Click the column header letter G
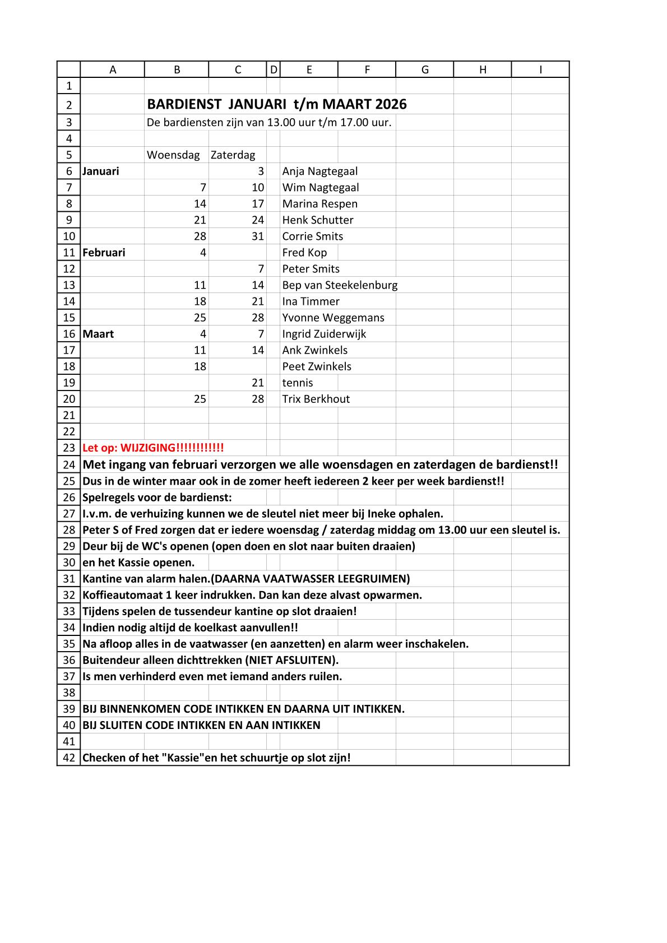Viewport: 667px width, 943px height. click(x=425, y=69)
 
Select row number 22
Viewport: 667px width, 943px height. click(x=69, y=431)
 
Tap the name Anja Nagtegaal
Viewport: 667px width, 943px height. click(x=319, y=171)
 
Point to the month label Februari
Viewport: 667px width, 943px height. click(x=104, y=253)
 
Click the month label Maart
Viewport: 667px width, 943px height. click(x=98, y=334)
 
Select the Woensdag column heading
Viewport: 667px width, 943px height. click(x=173, y=155)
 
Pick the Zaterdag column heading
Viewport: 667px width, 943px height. click(x=233, y=155)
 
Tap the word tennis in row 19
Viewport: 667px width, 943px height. click(x=298, y=383)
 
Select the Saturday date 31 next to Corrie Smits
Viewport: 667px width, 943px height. click(x=257, y=236)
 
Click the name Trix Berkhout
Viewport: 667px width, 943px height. click(x=316, y=400)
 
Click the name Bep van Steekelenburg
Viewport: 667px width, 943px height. click(x=340, y=285)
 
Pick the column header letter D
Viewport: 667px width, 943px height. click(x=274, y=69)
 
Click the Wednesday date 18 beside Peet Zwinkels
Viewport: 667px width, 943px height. click(x=200, y=367)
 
